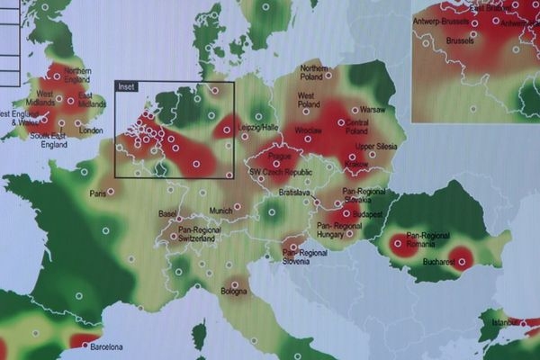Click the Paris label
(98, 193)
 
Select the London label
(91, 130)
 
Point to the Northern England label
(77, 75)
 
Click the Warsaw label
(373, 111)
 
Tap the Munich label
(220, 211)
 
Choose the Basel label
(167, 213)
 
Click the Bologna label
(234, 292)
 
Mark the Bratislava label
(294, 193)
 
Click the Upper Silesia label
(377, 146)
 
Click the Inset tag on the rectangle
(127, 87)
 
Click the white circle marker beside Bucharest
(463, 263)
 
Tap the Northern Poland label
(315, 72)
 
